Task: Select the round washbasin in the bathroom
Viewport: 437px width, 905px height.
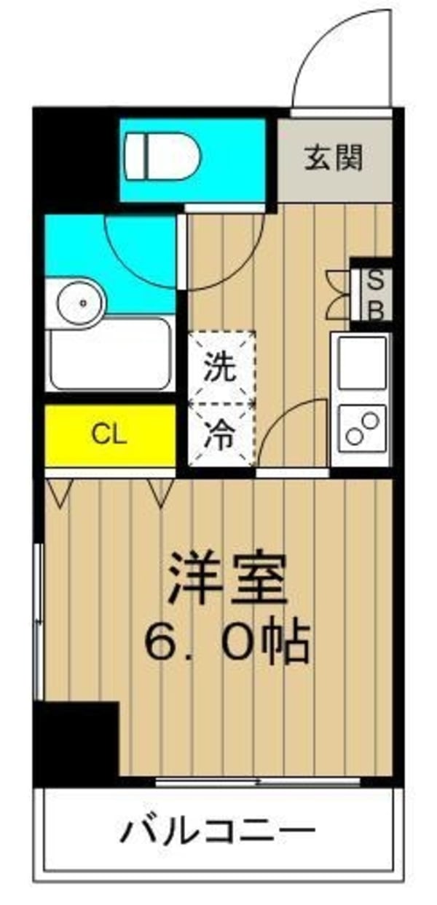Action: (x=80, y=300)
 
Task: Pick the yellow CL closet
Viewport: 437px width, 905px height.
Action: (x=109, y=436)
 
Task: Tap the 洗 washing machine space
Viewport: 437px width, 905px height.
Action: (x=220, y=367)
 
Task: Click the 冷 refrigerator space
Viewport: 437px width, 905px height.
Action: (x=220, y=434)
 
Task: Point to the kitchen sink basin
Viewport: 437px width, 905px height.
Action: (x=362, y=362)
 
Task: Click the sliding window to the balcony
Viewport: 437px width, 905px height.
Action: (x=259, y=782)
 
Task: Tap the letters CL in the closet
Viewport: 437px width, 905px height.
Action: (x=109, y=436)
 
